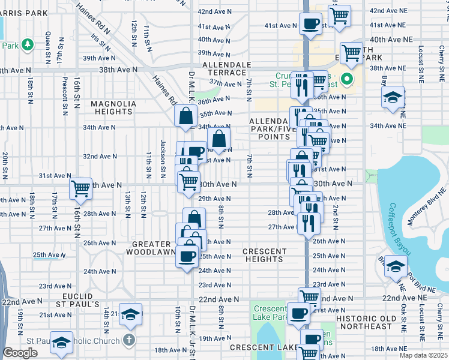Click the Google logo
coord(20,353)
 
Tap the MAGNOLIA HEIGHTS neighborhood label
coord(113,108)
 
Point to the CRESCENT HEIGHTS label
coord(264,255)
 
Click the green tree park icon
coord(27,44)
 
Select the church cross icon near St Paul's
coord(128,340)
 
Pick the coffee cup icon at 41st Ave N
coord(310,24)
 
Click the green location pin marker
coord(346,79)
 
